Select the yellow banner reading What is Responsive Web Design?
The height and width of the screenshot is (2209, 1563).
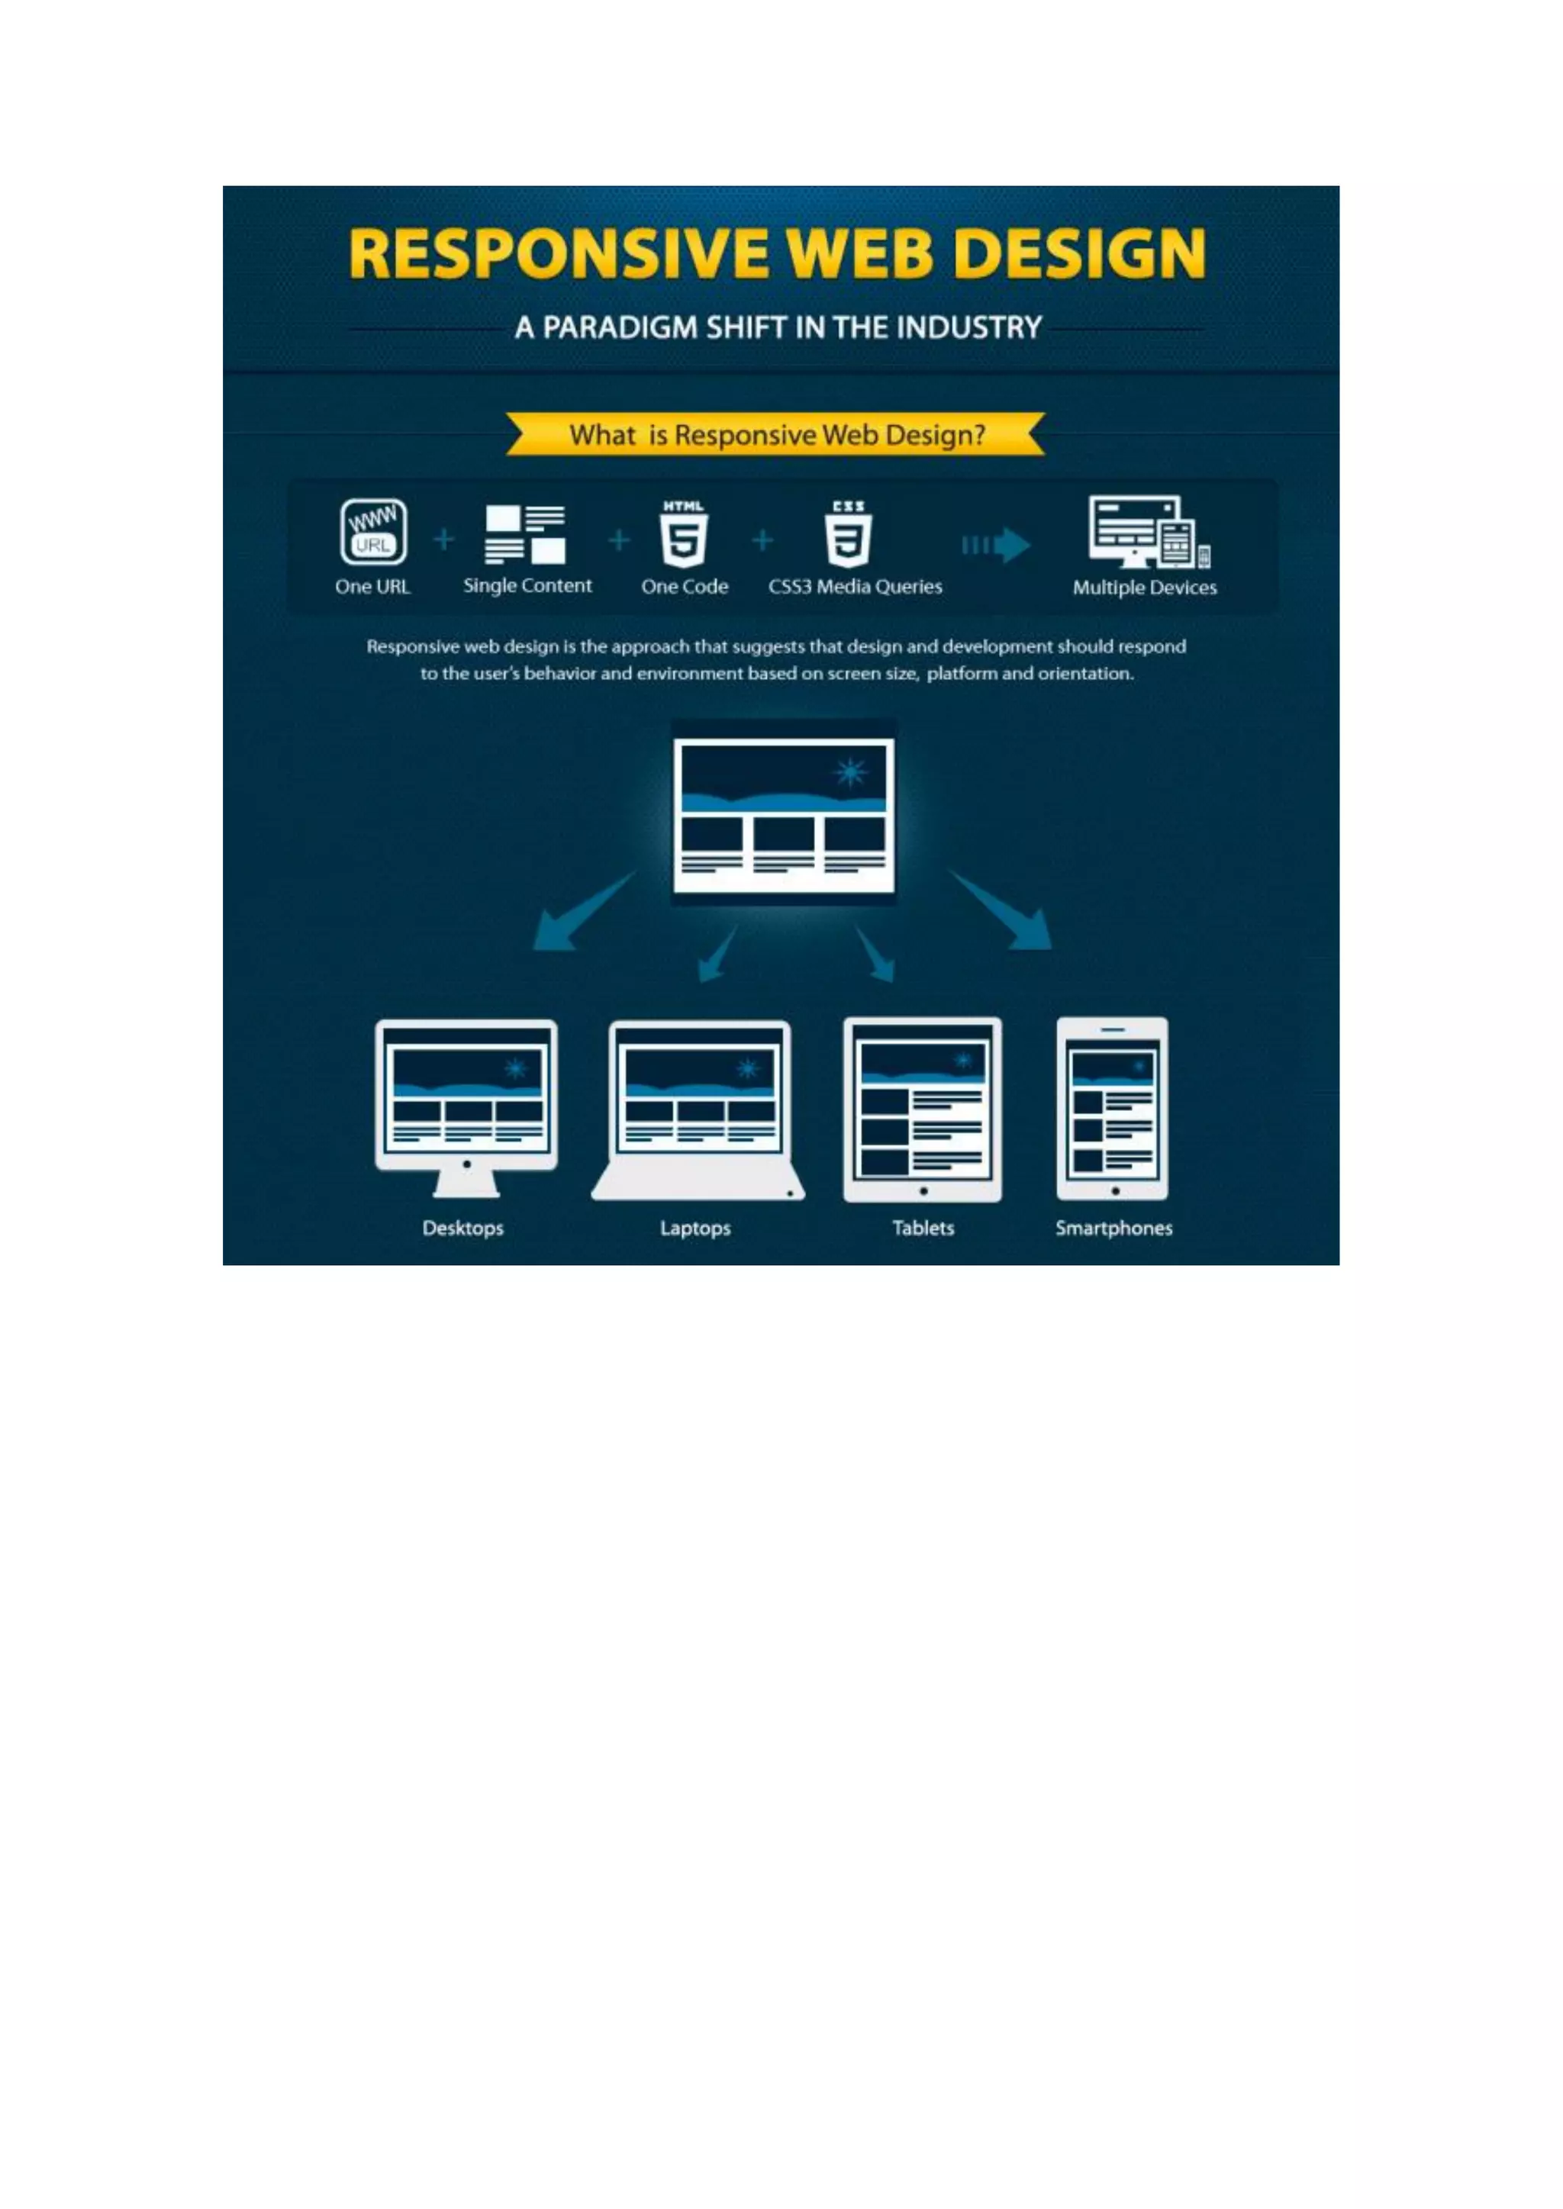pos(775,435)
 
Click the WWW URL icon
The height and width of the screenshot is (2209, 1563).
pos(373,531)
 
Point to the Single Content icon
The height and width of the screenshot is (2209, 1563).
pos(526,534)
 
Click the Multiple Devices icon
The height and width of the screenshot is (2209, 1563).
pos(1148,532)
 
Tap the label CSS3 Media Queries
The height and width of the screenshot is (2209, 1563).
pos(855,587)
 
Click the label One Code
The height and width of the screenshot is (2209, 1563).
pos(685,587)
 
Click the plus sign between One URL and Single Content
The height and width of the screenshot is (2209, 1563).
pos(443,539)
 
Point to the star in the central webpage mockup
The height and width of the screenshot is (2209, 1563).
pos(851,771)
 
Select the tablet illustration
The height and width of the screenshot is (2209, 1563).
pos(922,1109)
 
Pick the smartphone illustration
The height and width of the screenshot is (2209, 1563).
pos(1112,1109)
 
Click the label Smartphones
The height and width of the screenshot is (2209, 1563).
pos(1113,1228)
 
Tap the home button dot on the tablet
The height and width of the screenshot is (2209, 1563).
pos(923,1191)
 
